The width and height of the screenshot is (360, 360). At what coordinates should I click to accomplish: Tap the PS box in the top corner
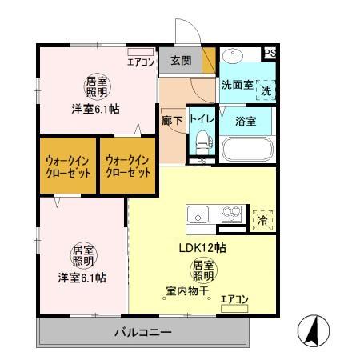270,54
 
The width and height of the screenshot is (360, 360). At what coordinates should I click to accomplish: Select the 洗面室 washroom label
237,84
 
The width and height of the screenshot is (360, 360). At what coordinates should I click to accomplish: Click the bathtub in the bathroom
246,149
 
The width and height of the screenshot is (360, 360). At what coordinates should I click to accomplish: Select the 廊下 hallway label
172,119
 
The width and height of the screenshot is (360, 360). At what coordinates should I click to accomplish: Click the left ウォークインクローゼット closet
67,166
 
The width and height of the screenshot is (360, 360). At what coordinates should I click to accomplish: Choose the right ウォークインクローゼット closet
127,166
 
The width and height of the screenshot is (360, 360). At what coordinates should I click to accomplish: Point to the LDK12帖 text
201,247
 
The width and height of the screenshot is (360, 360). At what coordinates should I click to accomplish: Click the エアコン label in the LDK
234,299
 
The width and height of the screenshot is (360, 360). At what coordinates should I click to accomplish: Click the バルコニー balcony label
142,330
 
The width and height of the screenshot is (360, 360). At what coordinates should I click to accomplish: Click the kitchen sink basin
197,214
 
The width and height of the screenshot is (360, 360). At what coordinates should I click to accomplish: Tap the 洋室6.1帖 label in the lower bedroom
82,278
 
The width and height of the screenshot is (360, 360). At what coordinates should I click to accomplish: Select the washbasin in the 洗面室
234,58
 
